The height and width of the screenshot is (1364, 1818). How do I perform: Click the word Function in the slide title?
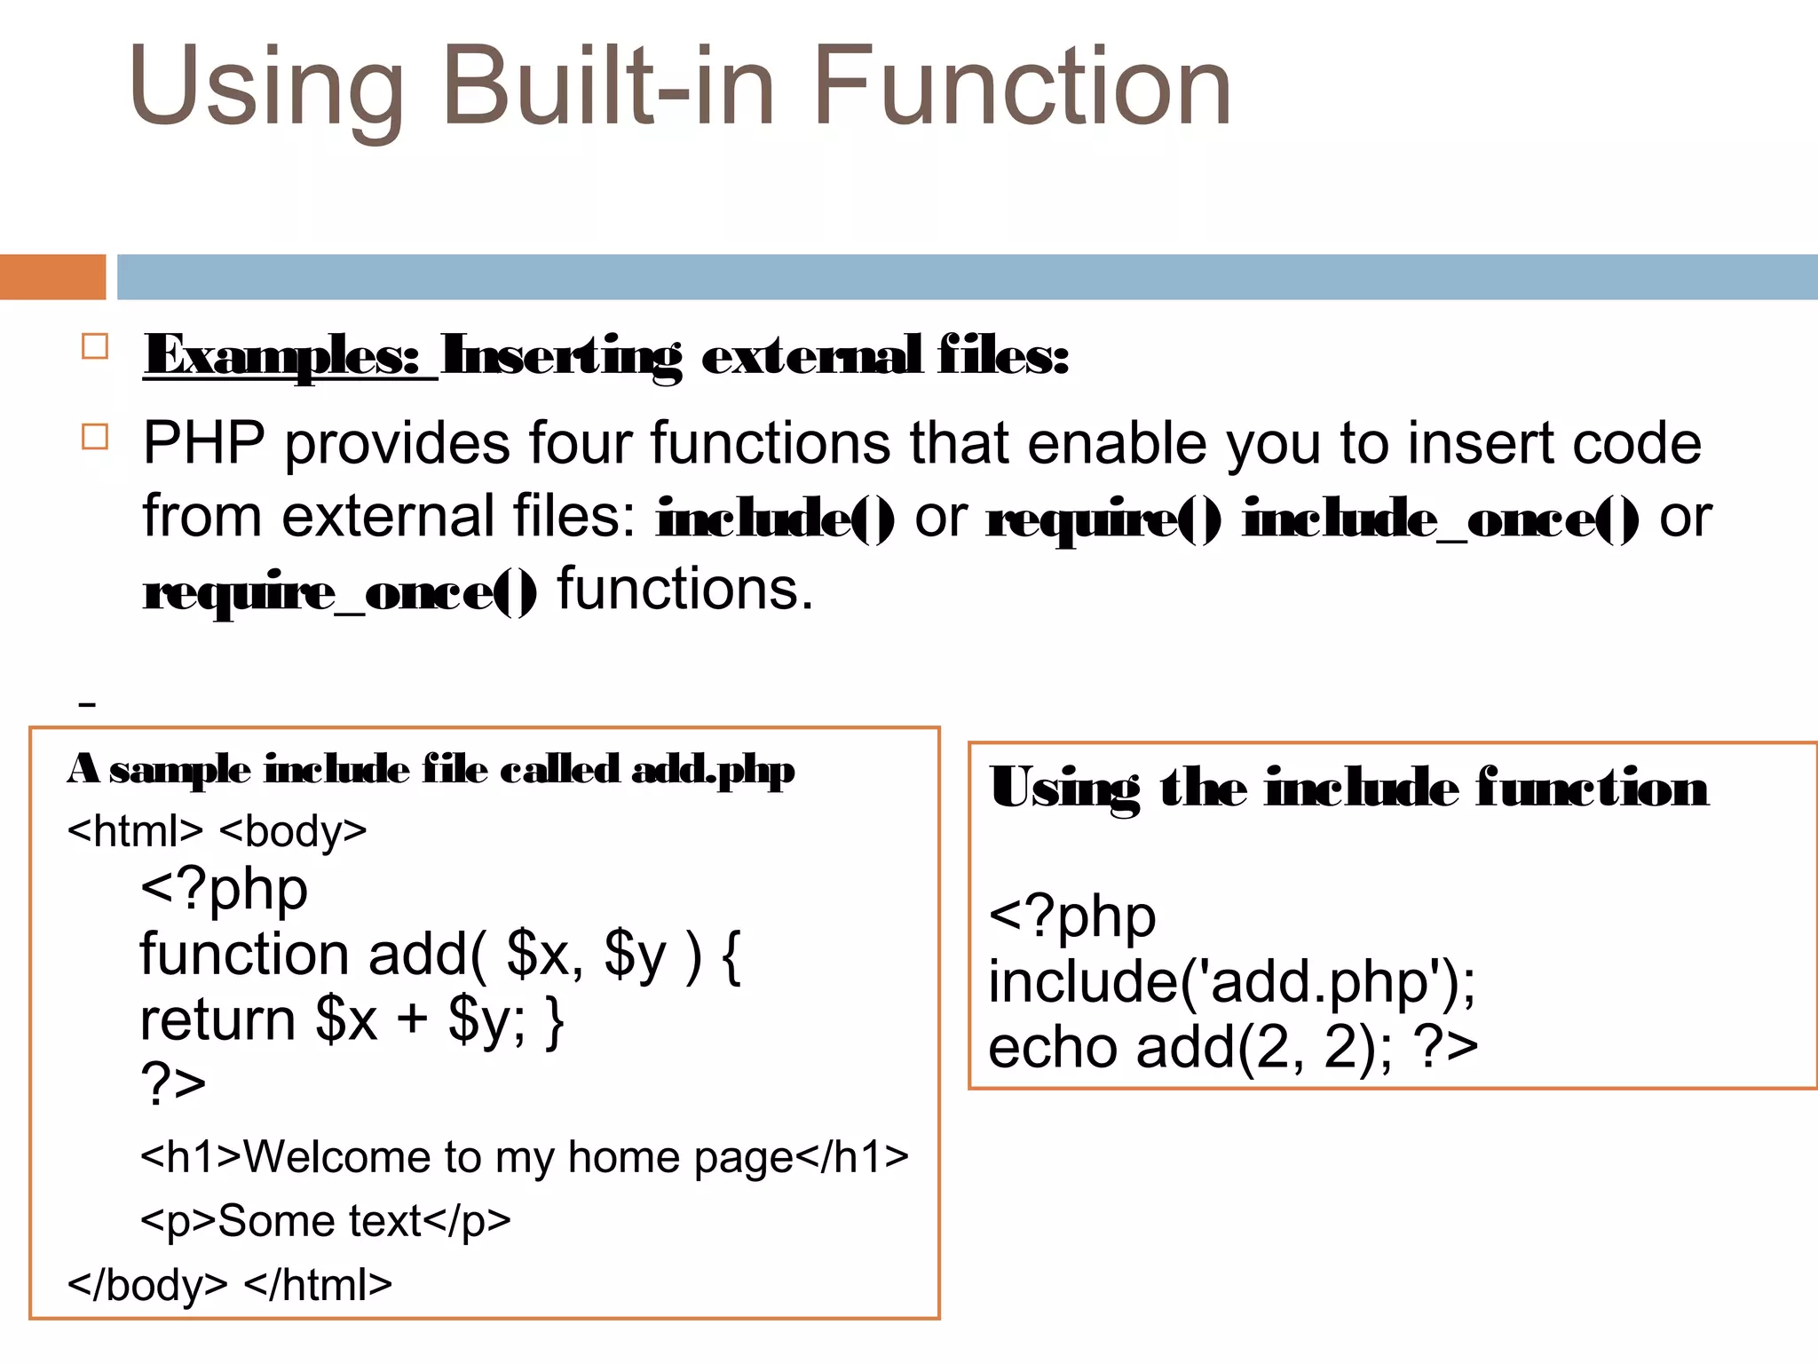[x=1021, y=87]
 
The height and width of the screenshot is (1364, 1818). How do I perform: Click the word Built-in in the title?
[x=609, y=87]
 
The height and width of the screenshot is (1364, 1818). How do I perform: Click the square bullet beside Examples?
[x=95, y=346]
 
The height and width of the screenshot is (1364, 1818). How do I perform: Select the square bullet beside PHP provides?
[x=95, y=437]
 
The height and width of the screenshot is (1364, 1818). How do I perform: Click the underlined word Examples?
[x=282, y=356]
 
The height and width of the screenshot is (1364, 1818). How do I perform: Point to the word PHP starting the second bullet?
[x=204, y=443]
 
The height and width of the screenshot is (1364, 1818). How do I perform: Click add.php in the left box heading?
[x=713, y=770]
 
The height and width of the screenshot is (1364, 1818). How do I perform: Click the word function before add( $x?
[x=244, y=955]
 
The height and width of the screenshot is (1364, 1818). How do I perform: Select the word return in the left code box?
[x=217, y=1020]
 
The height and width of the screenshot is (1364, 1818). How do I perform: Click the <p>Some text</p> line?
[x=326, y=1221]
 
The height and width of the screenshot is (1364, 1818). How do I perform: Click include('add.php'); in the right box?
[x=1231, y=983]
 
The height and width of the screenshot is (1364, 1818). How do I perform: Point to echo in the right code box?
[x=1053, y=1048]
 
